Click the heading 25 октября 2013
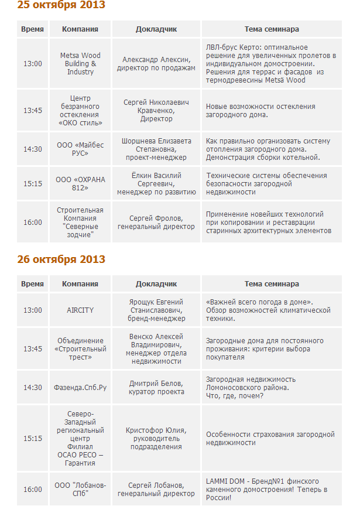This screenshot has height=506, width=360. point(61,5)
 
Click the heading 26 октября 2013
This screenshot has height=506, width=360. point(61,259)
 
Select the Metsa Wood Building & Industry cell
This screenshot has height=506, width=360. point(80,64)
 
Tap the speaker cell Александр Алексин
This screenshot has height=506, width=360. point(156,64)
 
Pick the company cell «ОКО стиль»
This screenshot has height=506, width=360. point(80,111)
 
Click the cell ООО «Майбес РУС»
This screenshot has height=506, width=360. point(80,149)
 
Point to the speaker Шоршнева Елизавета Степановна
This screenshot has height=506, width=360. point(156,149)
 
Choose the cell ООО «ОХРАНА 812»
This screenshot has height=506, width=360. point(80,184)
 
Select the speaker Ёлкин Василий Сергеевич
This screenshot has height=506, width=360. point(156,184)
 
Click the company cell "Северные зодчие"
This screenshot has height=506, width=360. point(80,223)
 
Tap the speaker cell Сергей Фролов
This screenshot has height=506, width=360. point(156,223)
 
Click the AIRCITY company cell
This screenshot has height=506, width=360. point(80,310)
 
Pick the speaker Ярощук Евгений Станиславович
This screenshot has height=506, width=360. point(156,310)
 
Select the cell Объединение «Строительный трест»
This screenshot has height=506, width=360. point(80,349)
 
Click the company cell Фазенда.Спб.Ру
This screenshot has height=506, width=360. point(80,388)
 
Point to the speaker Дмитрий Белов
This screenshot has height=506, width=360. point(156,388)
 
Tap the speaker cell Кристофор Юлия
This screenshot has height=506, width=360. point(156,439)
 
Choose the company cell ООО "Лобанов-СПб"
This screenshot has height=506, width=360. point(80,490)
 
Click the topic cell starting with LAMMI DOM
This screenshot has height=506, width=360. point(271,490)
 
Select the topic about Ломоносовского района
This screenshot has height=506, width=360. point(271,388)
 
